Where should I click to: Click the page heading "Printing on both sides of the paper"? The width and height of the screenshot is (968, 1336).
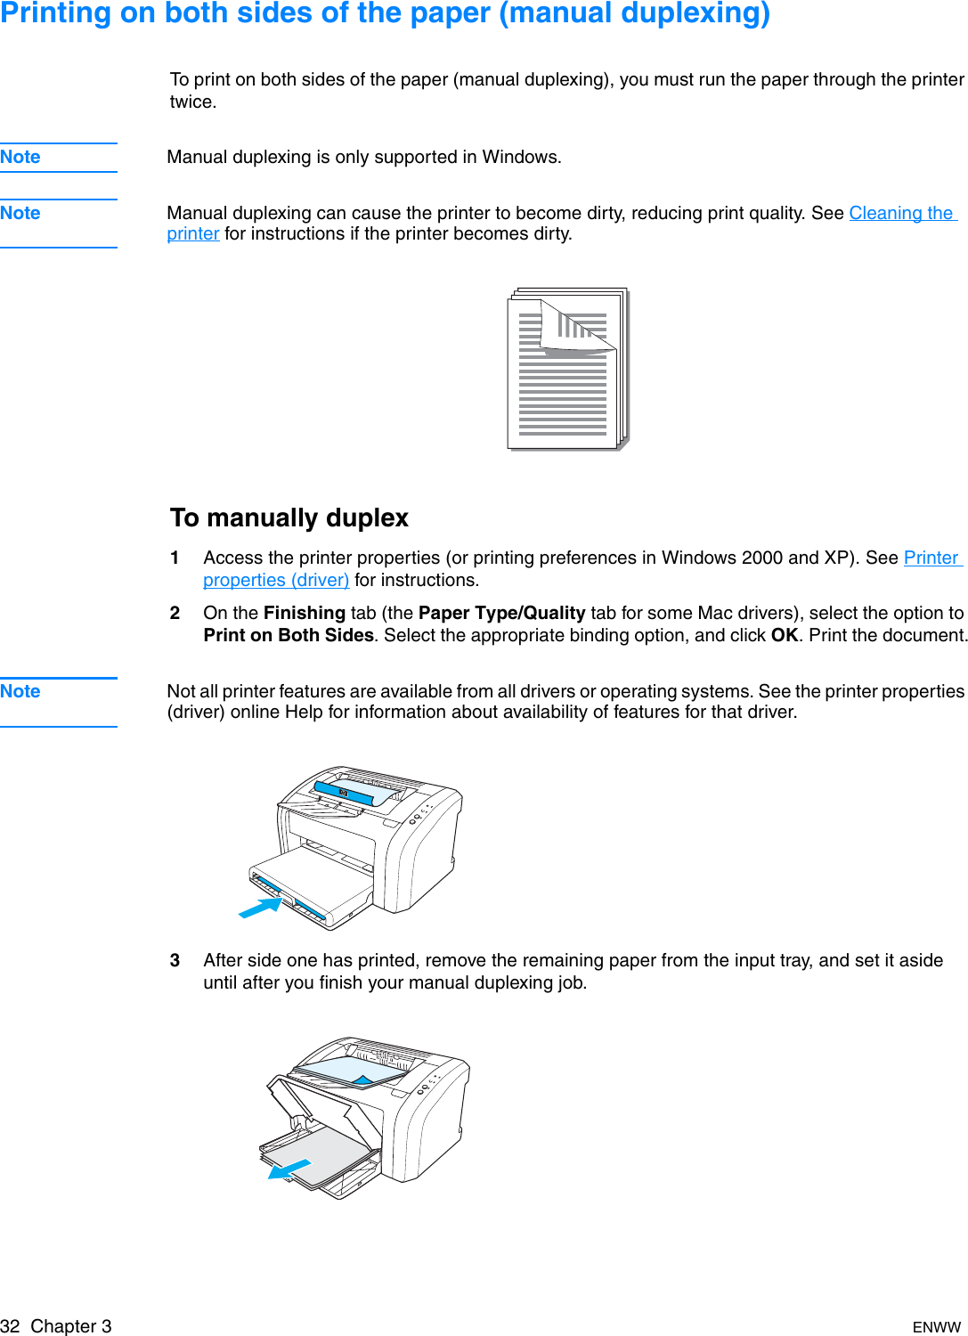coord(385,13)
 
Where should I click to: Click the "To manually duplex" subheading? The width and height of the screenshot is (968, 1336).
coord(289,517)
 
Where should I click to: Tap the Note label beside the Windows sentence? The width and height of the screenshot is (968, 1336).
coord(20,157)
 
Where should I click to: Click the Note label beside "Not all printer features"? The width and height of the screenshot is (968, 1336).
coord(20,691)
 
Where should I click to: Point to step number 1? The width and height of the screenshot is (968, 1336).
coord(175,558)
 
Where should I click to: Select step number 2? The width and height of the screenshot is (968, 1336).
coord(175,613)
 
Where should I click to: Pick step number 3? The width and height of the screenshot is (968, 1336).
coord(175,960)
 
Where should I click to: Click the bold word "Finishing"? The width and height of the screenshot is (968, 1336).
coord(305,613)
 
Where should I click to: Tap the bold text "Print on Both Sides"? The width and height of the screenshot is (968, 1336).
coord(289,635)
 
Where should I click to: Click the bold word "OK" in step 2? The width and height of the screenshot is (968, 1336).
coord(784,635)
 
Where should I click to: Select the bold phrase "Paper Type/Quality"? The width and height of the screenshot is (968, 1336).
coord(501,613)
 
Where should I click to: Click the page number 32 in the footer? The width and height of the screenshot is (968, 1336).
coord(10,1326)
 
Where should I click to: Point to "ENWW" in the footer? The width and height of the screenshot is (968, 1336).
coord(936,1327)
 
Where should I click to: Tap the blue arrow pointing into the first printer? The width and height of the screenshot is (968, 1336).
coord(260,908)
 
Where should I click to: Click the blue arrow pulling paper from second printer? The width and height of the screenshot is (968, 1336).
coord(290,1169)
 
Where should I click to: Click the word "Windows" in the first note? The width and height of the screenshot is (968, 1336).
coord(520,157)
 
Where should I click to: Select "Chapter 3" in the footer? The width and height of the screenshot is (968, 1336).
coord(71,1326)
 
